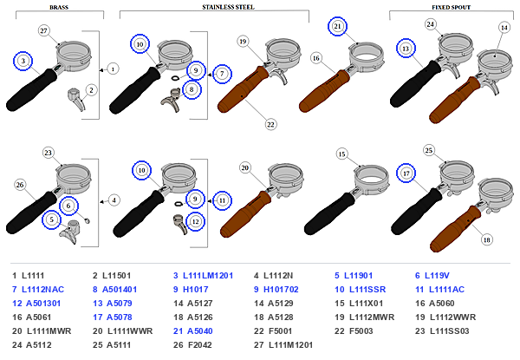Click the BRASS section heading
pyautogui.click(x=59, y=7)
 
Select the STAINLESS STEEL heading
pyautogui.click(x=228, y=7)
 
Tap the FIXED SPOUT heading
pyautogui.click(x=451, y=7)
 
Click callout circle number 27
pyautogui.click(x=44, y=31)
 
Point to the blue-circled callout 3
pyautogui.click(x=23, y=61)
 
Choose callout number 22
pyautogui.click(x=270, y=124)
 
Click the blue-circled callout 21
pyautogui.click(x=337, y=26)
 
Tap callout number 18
pyautogui.click(x=486, y=240)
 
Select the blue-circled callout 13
pyautogui.click(x=406, y=49)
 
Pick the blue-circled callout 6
pyautogui.click(x=68, y=206)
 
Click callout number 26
pyautogui.click(x=20, y=185)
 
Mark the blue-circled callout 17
pyautogui.click(x=406, y=173)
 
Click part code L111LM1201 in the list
pyautogui.click(x=208, y=275)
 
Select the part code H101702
pyautogui.click(x=281, y=290)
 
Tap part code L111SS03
pyautogui.click(x=449, y=331)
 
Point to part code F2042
pyautogui.click(x=199, y=344)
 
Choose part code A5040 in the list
pyautogui.click(x=199, y=331)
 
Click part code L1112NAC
pyautogui.click(x=42, y=290)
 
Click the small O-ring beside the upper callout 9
pyautogui.click(x=175, y=78)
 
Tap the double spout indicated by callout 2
pyautogui.click(x=76, y=98)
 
